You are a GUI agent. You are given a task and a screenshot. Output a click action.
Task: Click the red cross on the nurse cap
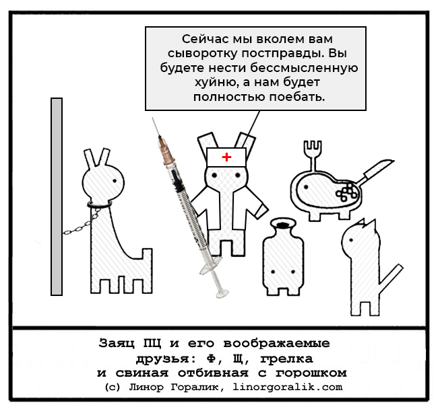coord(226,157)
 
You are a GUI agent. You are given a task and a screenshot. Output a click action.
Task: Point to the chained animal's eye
coord(115,181)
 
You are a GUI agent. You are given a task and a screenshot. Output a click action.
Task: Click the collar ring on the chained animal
coord(100,205)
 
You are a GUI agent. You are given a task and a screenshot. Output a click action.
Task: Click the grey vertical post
coord(57,196)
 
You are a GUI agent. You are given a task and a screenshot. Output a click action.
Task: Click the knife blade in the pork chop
coord(380,168)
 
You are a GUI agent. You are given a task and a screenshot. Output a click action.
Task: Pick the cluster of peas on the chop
coord(346,192)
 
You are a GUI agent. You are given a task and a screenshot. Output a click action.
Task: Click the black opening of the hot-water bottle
coord(283,224)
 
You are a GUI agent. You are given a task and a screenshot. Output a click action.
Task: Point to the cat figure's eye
coord(351,239)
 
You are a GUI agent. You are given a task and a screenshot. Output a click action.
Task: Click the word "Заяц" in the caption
coord(116,343)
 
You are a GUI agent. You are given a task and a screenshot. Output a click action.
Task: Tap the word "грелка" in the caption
coord(286,359)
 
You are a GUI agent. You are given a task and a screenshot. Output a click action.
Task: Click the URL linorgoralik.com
coord(288,387)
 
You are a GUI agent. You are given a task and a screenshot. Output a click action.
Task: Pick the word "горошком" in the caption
coord(311,373)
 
